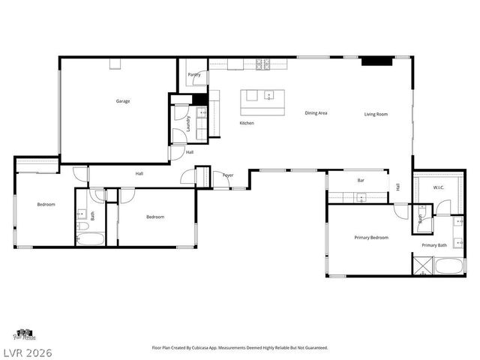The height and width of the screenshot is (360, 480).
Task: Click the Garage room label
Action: pyautogui.click(x=122, y=101)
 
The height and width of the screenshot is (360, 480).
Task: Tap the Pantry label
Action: pyautogui.click(x=193, y=75)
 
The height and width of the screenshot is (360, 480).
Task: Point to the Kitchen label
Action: pyautogui.click(x=247, y=123)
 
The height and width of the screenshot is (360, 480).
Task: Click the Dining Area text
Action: pyautogui.click(x=316, y=113)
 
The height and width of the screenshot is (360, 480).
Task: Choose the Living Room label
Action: pyautogui.click(x=376, y=114)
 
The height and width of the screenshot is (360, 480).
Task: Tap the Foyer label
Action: pyautogui.click(x=228, y=175)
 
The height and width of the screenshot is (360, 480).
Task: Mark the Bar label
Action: pyautogui.click(x=360, y=181)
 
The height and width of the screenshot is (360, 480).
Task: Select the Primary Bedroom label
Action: pyautogui.click(x=371, y=238)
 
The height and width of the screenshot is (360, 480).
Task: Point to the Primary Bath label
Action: pyautogui.click(x=433, y=245)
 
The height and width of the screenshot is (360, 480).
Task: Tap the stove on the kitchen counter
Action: pyautogui.click(x=263, y=64)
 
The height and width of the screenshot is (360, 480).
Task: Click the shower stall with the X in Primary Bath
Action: pyautogui.click(x=422, y=265)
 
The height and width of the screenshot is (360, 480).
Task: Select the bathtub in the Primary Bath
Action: pyautogui.click(x=452, y=266)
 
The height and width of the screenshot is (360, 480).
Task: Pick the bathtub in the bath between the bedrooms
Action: pyautogui.click(x=92, y=239)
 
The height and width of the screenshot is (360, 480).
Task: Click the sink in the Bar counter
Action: pyautogui.click(x=361, y=198)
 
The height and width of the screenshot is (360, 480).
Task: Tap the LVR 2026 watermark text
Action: pyautogui.click(x=26, y=352)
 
